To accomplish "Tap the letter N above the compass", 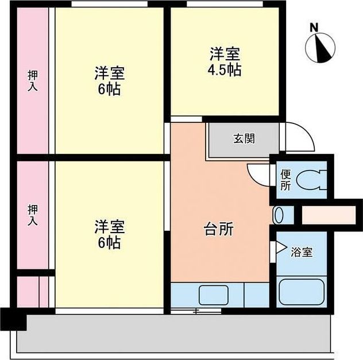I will click(x=314, y=27).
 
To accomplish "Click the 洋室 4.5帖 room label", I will click(x=225, y=63).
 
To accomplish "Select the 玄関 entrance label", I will click(x=244, y=138).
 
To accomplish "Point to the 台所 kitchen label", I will click(x=219, y=229).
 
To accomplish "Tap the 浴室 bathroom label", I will click(x=302, y=251).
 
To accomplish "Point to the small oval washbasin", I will click(x=280, y=215).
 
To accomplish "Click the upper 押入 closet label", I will click(x=33, y=81).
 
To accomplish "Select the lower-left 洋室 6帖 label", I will click(x=109, y=234).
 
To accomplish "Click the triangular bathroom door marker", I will click(x=279, y=247).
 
